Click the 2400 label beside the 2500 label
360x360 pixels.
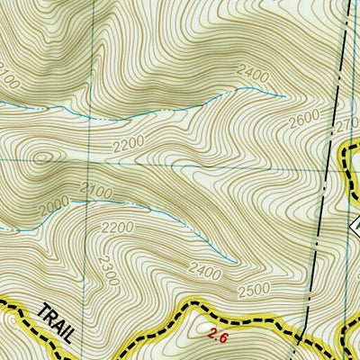[x=206, y=268]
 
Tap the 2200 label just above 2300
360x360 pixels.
[x=117, y=228]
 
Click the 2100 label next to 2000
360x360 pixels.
[x=95, y=191]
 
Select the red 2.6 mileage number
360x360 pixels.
[x=216, y=336]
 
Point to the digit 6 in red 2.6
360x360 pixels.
[x=221, y=336]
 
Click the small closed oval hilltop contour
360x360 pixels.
[x=41, y=159]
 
